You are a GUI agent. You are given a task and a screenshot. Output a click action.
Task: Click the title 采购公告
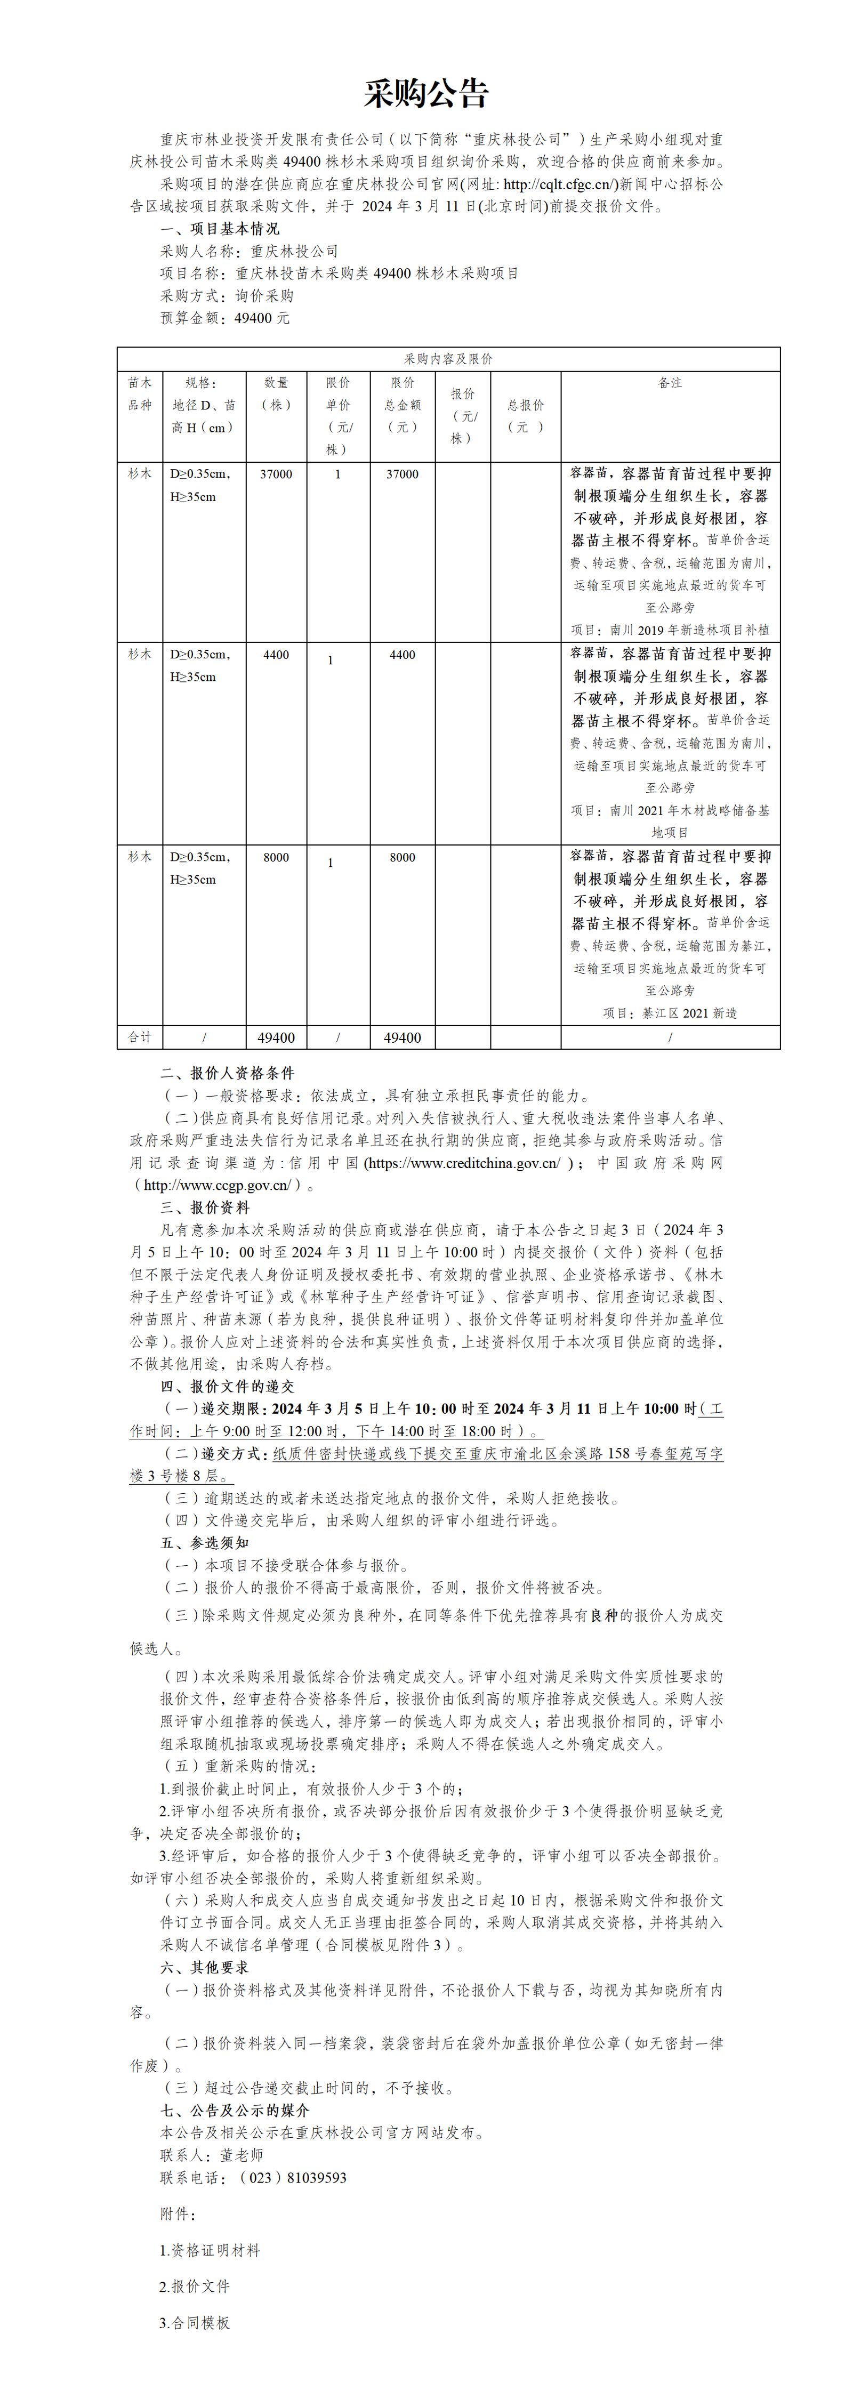(426, 93)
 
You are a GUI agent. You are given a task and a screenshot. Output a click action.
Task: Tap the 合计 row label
(140, 1037)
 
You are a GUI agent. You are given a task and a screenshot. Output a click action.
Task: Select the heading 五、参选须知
(205, 1543)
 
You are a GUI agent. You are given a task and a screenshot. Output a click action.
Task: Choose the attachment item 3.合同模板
(195, 2323)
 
